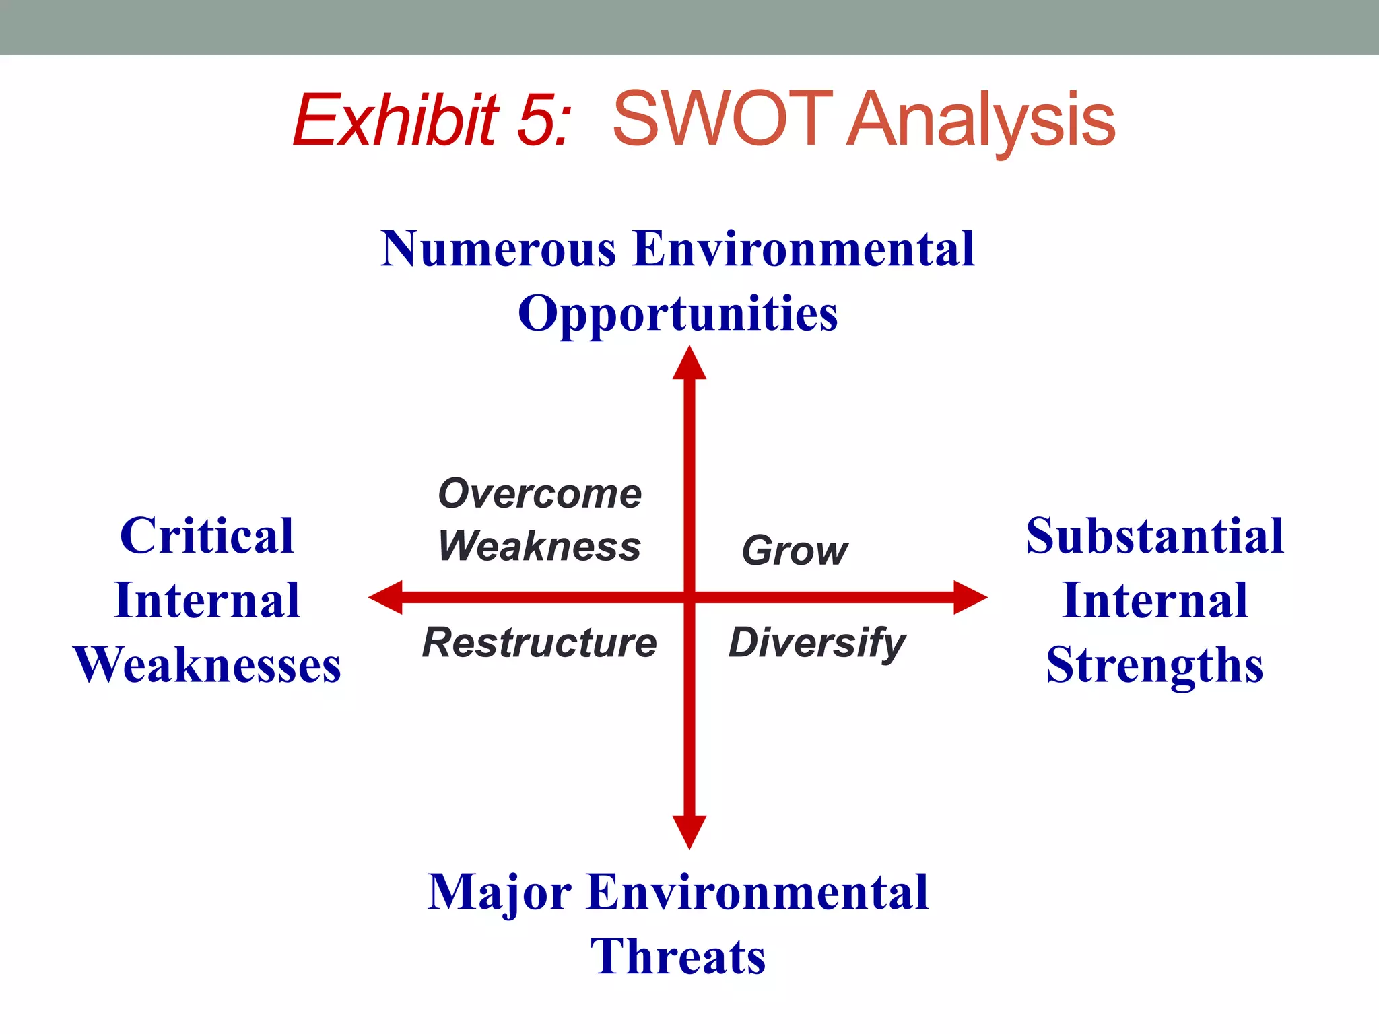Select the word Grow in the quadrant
(795, 551)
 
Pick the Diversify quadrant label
(817, 643)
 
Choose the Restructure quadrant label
(539, 643)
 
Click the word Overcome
(539, 493)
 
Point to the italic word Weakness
(539, 546)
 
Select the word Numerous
(498, 249)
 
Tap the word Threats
(677, 957)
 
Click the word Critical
(207, 536)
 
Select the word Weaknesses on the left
(207, 665)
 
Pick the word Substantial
(1154, 536)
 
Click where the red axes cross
(689, 597)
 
